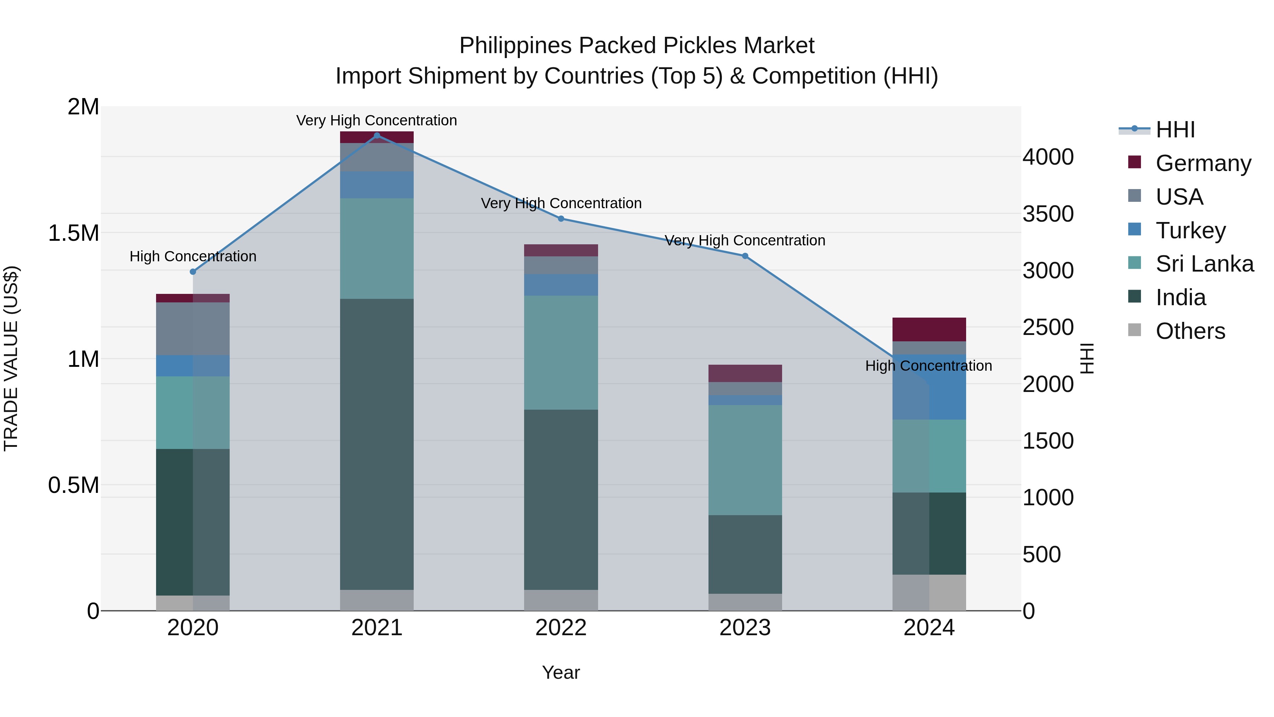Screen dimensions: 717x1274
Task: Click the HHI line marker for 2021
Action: [377, 136]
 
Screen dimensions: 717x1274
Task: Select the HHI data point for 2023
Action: [745, 256]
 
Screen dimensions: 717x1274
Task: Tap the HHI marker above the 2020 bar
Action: [193, 272]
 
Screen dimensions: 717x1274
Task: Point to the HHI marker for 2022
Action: [561, 219]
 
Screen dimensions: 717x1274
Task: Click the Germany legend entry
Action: [1203, 163]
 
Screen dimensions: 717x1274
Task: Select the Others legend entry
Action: [1190, 331]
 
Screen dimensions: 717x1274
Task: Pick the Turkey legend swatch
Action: [1135, 229]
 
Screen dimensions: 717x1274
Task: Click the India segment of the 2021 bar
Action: [377, 444]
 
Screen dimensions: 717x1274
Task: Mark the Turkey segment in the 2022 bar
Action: [561, 285]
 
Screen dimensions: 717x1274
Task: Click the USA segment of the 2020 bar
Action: [193, 329]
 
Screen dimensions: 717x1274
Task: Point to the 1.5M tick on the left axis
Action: [73, 233]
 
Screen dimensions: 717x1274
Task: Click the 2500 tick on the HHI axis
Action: [1048, 328]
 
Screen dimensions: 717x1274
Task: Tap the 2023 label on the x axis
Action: [745, 628]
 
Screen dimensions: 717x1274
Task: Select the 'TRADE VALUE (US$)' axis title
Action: [11, 358]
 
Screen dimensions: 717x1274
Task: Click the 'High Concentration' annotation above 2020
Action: [193, 256]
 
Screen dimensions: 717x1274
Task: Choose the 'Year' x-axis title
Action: [561, 672]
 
